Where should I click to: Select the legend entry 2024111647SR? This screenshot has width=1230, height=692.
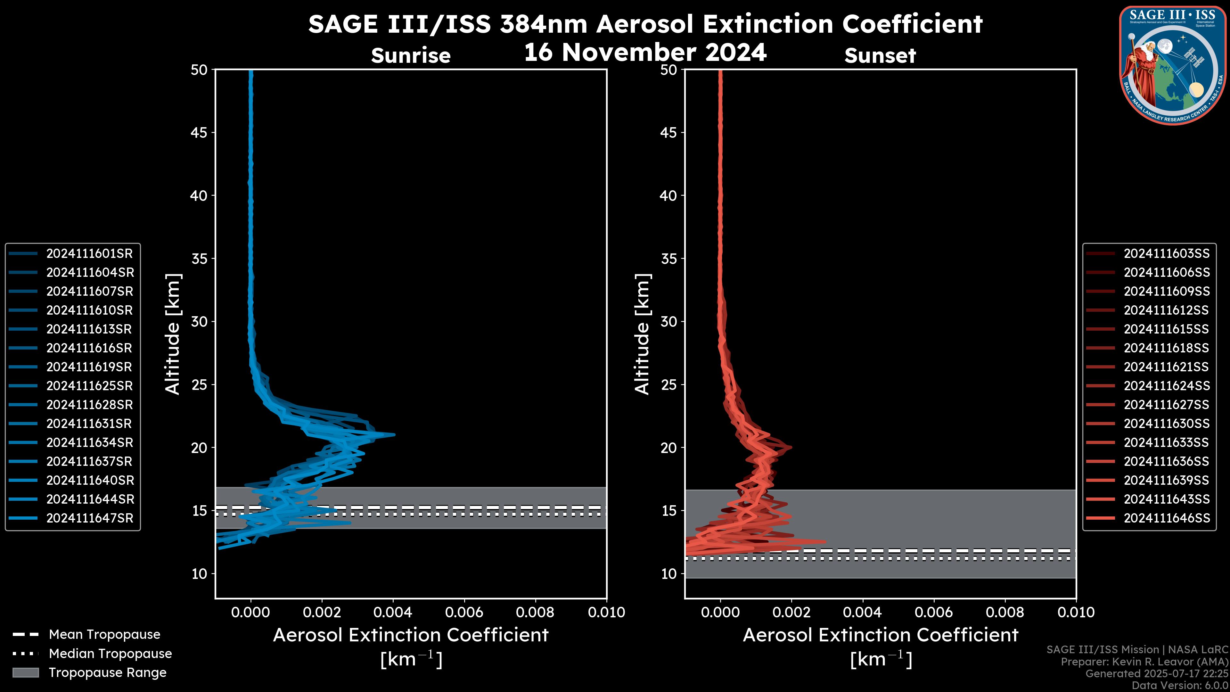[89, 518]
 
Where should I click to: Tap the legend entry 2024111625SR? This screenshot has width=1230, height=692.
[89, 386]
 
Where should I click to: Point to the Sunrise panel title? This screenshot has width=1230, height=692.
[411, 55]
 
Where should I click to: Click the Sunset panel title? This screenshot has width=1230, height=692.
[880, 55]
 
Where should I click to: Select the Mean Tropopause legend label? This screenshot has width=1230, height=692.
[104, 634]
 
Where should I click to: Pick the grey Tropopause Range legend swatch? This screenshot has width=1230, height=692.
[25, 672]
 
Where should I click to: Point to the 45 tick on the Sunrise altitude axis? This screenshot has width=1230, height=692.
[199, 132]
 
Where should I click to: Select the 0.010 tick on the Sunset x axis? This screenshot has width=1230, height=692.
[1076, 612]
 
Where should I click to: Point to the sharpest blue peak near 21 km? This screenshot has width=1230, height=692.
[393, 435]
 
